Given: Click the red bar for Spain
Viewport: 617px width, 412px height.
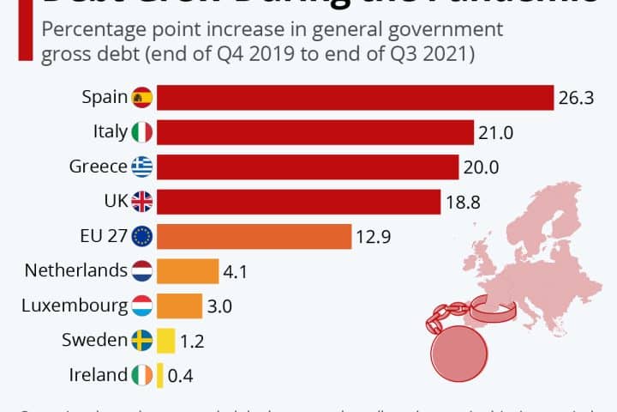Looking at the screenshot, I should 355,98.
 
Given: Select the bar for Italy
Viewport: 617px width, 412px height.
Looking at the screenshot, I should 315,132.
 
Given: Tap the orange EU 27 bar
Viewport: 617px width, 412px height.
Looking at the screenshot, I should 254,236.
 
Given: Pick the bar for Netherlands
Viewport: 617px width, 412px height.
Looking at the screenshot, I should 188,271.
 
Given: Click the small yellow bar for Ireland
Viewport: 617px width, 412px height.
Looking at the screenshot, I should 159,375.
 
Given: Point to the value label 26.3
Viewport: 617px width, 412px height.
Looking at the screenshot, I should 576,98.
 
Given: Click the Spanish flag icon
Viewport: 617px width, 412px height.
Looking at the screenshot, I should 142,98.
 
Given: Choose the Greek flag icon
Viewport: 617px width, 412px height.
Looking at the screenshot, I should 142,167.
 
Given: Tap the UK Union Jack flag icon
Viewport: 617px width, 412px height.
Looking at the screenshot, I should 142,202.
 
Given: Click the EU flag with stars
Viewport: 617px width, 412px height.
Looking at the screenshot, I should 142,236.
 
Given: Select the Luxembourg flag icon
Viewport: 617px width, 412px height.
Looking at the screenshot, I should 142,306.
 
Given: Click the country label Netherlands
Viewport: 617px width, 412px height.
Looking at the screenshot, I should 76,270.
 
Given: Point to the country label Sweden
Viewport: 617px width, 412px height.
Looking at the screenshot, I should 94,340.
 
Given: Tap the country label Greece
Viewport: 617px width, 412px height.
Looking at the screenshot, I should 98,167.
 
